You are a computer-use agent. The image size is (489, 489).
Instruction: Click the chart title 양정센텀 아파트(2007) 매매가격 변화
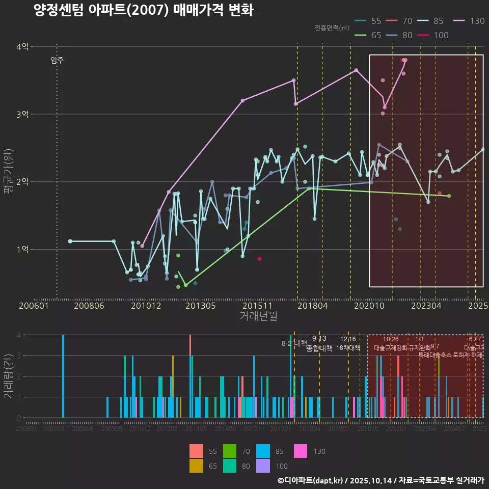point(144,10)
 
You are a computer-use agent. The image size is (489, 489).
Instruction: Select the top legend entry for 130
point(470,21)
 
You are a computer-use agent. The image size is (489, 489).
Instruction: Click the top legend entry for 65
point(368,35)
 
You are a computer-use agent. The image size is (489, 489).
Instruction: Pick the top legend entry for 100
point(432,35)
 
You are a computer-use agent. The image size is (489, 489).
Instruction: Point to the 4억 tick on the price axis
point(22,46)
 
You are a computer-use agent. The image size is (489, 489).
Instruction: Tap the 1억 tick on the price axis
point(22,249)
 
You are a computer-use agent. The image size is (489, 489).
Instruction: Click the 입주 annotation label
point(57,60)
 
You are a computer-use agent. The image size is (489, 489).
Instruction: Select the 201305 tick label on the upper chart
point(200,306)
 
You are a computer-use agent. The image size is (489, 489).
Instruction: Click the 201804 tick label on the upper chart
point(312,306)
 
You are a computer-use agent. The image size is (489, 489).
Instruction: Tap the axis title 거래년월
point(258,316)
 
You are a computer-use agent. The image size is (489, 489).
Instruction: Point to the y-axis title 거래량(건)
point(9,377)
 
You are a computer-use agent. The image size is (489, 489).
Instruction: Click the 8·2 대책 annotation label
point(294,343)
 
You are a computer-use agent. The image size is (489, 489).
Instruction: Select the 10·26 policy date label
point(391,339)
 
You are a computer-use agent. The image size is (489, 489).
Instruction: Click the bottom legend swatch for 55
point(196,451)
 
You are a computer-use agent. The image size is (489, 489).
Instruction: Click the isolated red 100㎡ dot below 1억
point(259,259)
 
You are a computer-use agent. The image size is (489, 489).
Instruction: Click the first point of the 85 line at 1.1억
point(70,241)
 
